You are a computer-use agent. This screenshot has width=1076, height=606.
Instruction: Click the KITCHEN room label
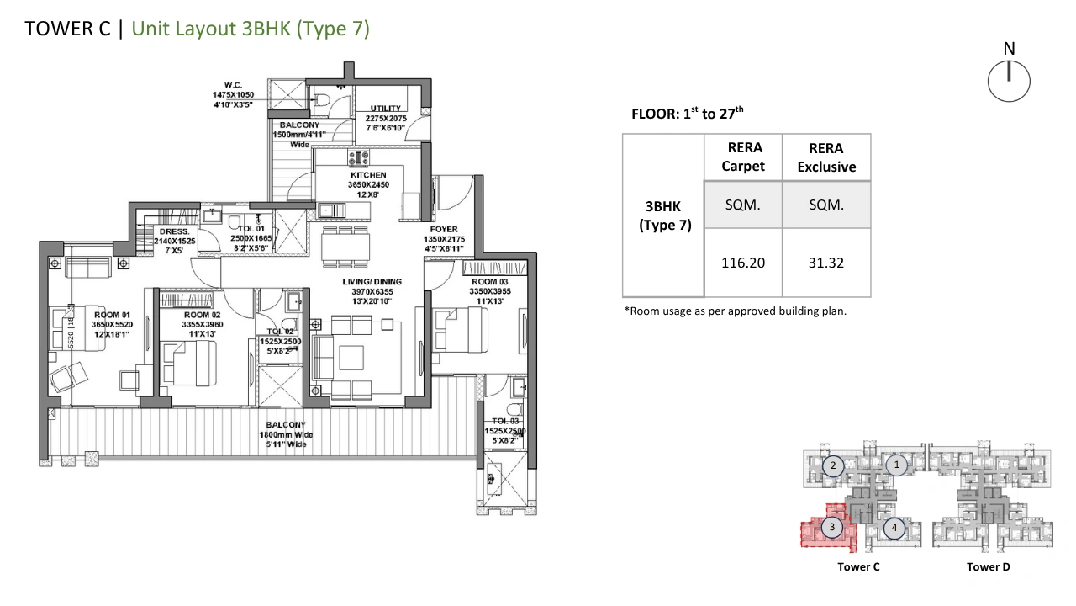(368, 175)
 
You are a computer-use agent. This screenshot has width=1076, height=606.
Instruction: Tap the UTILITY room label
(385, 109)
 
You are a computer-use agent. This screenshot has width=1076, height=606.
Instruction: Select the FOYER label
(444, 230)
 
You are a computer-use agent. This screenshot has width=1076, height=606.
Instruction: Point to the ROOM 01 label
(112, 315)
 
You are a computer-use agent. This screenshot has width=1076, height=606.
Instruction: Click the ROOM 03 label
(489, 282)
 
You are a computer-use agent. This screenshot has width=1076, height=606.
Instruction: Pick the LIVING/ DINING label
(372, 282)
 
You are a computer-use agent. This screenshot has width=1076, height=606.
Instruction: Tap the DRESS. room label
(174, 231)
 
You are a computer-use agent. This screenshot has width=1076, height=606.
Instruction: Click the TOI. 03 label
(505, 422)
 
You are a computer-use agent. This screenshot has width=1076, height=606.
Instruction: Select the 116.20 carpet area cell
(743, 263)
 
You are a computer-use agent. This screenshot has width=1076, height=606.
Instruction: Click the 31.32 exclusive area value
(826, 263)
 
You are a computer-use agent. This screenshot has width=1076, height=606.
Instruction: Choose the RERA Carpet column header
(743, 157)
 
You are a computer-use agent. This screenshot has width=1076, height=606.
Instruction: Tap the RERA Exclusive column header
(826, 157)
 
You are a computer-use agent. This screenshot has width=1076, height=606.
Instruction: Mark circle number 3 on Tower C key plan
(832, 527)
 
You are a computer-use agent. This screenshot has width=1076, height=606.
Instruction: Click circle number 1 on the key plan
(896, 465)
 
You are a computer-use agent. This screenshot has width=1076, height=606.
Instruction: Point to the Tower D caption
(988, 567)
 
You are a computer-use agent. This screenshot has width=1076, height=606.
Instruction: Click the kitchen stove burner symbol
(358, 157)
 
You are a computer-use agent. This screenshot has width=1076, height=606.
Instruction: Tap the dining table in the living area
(345, 247)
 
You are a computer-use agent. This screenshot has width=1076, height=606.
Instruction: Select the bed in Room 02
(188, 363)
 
